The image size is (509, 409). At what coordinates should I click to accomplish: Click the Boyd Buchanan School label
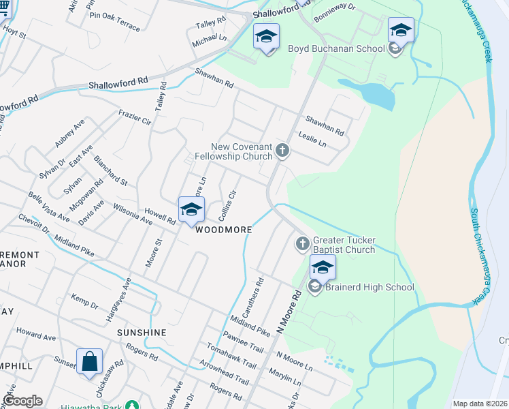pyautogui.click(x=337, y=48)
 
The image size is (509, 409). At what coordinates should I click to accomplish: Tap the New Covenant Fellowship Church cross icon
pyautogui.click(x=282, y=151)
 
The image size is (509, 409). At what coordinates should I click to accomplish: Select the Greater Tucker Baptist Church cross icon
pyautogui.click(x=302, y=243)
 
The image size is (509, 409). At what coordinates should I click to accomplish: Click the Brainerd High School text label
pyautogui.click(x=370, y=287)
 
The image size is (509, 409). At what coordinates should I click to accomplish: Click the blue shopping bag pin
pyautogui.click(x=90, y=361)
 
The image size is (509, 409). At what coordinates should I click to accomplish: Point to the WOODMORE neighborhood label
pyautogui.click(x=224, y=230)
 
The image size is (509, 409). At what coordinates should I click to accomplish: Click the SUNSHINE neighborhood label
pyautogui.click(x=142, y=332)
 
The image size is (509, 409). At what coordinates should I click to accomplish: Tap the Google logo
pyautogui.click(x=22, y=401)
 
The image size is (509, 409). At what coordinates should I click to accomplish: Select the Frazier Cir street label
pyautogui.click(x=134, y=117)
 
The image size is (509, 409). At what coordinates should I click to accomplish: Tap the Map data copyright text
pyautogui.click(x=480, y=404)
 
